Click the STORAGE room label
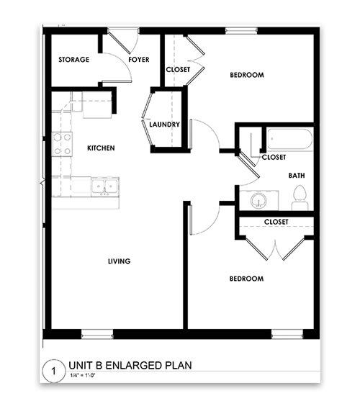73,59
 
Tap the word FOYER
139,59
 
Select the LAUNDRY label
164,125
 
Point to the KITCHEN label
101,148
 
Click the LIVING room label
120,261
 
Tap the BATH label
297,175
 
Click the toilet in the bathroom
300,198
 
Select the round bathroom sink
258,200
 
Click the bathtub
289,139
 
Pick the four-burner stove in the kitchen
62,144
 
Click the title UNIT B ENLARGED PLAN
130,365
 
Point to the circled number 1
54,371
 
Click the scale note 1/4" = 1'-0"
83,375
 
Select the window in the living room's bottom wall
97,334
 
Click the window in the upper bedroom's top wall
241,31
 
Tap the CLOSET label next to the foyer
178,70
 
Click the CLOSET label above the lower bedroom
276,222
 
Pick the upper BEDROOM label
247,75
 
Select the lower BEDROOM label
246,279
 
